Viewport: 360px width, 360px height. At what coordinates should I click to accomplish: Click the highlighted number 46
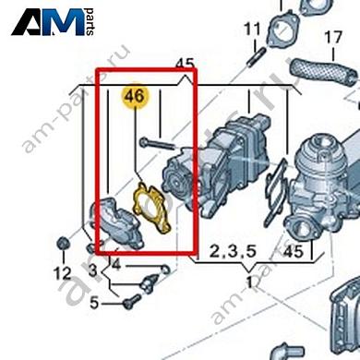(135, 95)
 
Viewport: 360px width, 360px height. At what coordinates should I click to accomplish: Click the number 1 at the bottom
(249, 281)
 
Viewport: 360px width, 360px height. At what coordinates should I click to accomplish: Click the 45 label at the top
(185, 66)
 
